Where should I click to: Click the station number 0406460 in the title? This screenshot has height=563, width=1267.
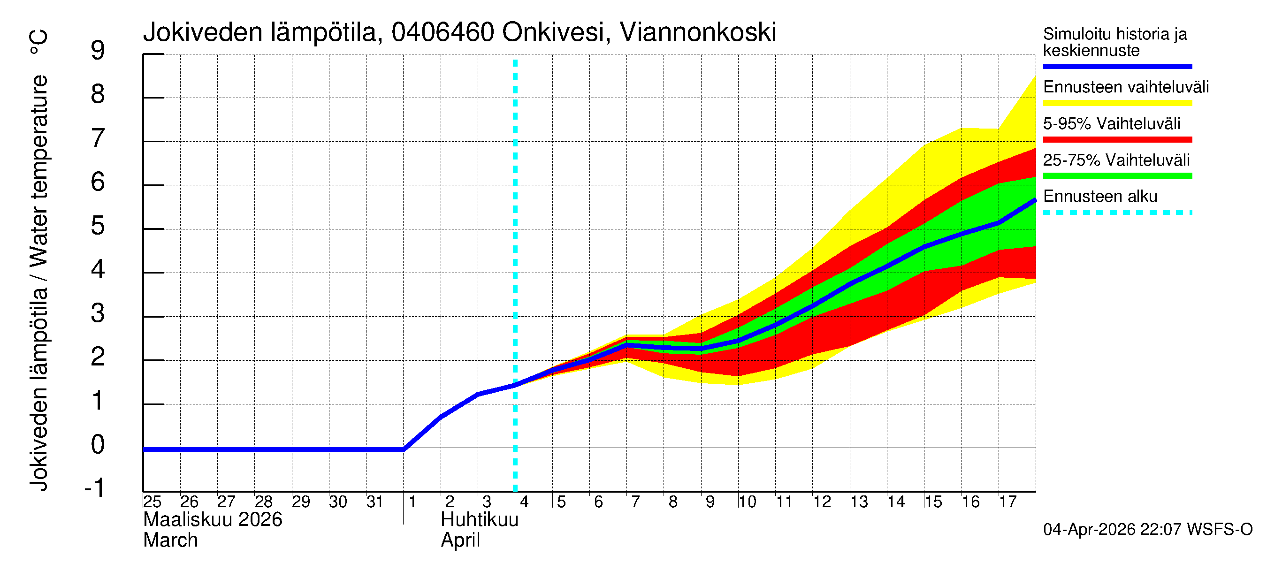pyautogui.click(x=443, y=32)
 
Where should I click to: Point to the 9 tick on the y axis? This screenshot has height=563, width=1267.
pyautogui.click(x=98, y=51)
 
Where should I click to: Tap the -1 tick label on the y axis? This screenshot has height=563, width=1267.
pyautogui.click(x=94, y=488)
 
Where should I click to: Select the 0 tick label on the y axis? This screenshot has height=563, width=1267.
pyautogui.click(x=98, y=444)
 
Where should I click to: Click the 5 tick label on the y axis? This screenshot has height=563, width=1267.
pyautogui.click(x=98, y=226)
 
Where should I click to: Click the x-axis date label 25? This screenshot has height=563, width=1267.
pyautogui.click(x=152, y=502)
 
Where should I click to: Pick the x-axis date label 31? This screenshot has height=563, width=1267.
pyautogui.click(x=375, y=502)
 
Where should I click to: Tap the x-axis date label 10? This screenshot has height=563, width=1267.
pyautogui.click(x=747, y=502)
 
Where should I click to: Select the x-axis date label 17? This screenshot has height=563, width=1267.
pyautogui.click(x=1007, y=502)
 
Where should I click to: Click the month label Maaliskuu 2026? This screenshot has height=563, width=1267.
pyautogui.click(x=213, y=520)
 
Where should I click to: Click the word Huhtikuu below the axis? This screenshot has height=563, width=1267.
pyautogui.click(x=480, y=520)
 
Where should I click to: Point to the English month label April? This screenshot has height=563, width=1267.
pyautogui.click(x=460, y=540)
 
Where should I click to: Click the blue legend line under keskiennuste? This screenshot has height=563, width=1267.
pyautogui.click(x=1117, y=66)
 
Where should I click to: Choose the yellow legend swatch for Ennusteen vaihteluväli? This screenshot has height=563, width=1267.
pyautogui.click(x=1117, y=103)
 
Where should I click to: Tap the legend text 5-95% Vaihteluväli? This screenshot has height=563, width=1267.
pyautogui.click(x=1111, y=123)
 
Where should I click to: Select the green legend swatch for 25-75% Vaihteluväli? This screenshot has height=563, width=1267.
pyautogui.click(x=1117, y=176)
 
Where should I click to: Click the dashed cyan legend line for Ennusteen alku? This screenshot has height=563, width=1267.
pyautogui.click(x=1117, y=213)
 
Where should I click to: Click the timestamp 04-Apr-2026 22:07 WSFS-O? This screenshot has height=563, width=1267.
pyautogui.click(x=1147, y=530)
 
